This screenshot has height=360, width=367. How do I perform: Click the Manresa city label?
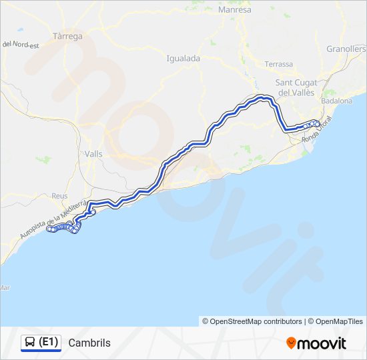coord(235,11)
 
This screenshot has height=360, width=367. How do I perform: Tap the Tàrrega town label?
coord(67,37)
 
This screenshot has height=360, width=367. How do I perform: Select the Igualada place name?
coord(183,59)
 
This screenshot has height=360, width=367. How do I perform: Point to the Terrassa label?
coord(278,64)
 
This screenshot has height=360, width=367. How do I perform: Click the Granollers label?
coord(346,49)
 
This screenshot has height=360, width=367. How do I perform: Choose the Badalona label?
coord(336,101)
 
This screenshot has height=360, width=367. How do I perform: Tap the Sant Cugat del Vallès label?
coord(296,87)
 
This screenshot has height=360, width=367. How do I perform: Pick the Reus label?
coord(59,196)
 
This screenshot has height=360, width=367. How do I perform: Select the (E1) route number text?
coord(48,343)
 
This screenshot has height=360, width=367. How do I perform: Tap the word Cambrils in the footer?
coord(89,343)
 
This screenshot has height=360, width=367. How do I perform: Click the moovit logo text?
coord(322,343)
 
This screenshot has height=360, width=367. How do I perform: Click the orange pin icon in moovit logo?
coord(291,343)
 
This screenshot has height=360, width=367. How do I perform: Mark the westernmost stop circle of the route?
coord(49,229)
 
